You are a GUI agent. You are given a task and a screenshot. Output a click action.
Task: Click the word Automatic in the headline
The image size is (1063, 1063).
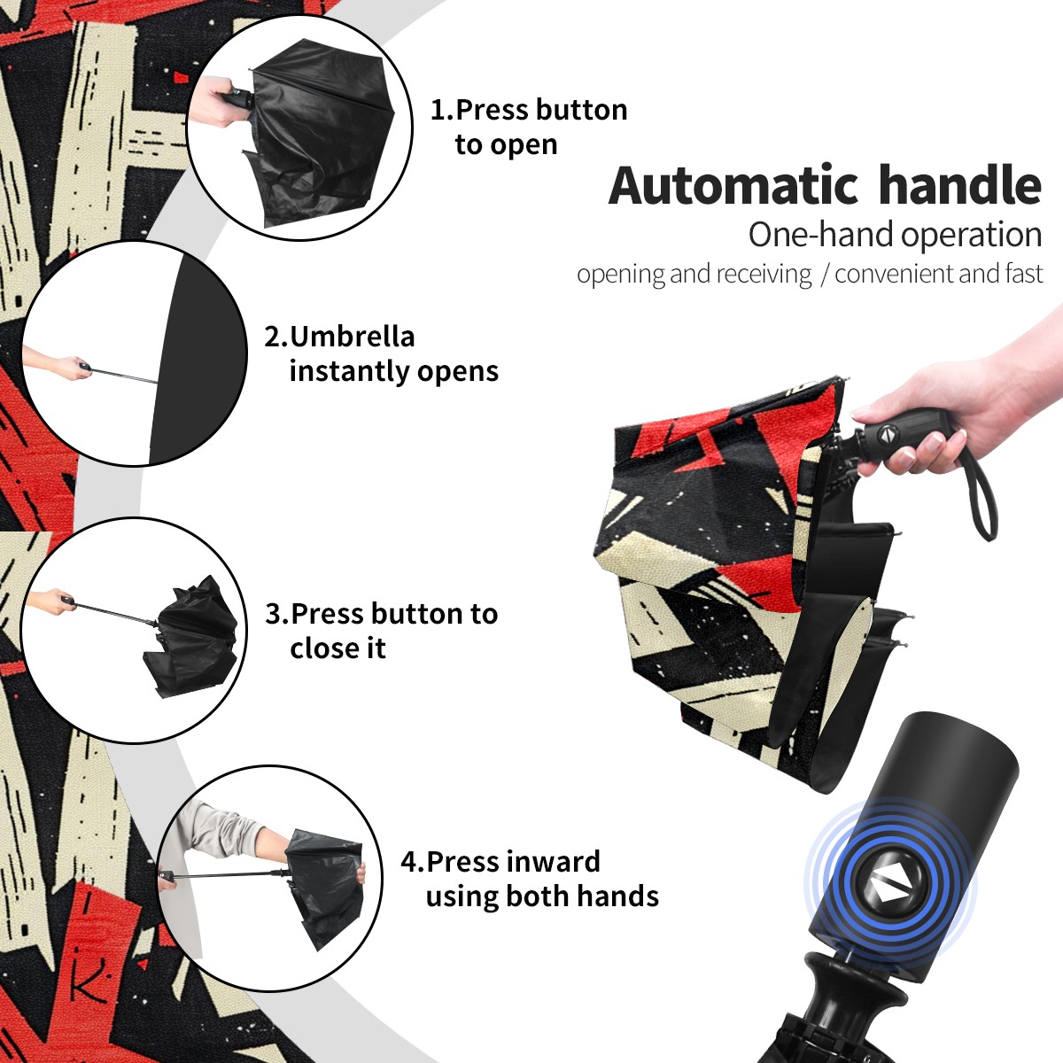(x=733, y=186)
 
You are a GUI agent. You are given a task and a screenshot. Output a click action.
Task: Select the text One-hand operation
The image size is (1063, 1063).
(x=895, y=235)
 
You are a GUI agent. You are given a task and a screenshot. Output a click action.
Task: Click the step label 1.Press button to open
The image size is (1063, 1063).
(x=529, y=128)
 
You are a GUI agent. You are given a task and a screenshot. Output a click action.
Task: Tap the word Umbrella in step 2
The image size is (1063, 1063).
(x=352, y=337)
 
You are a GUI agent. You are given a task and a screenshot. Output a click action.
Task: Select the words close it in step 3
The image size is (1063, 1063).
(x=338, y=648)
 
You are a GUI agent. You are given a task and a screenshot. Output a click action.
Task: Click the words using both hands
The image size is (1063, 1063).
(x=542, y=896)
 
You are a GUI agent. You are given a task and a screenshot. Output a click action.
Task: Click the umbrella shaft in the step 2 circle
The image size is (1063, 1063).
(x=125, y=375)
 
